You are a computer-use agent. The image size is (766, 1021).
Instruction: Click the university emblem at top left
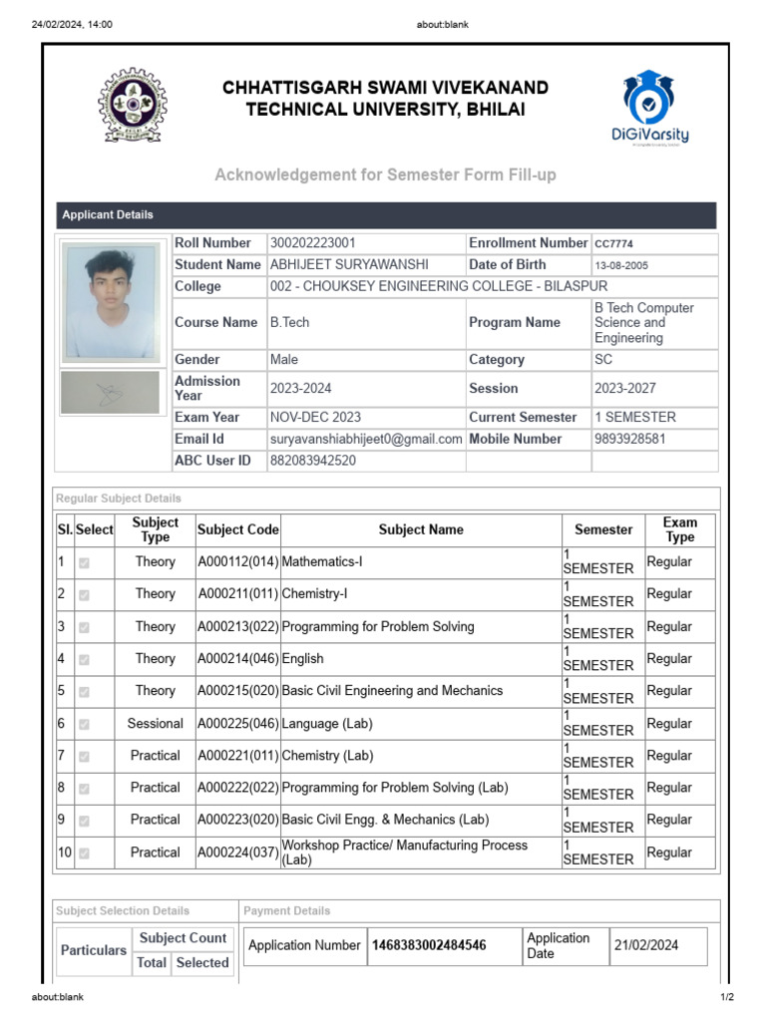click(x=133, y=104)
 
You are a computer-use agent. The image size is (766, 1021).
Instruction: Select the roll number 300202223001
click(x=312, y=243)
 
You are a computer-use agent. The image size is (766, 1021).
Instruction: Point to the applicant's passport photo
click(x=110, y=301)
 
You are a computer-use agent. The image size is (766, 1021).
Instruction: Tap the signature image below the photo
click(x=110, y=392)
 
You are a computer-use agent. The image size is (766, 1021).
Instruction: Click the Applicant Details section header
click(x=108, y=215)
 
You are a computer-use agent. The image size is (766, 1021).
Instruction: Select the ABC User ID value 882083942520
click(x=312, y=461)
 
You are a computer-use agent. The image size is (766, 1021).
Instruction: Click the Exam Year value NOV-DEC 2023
click(x=315, y=417)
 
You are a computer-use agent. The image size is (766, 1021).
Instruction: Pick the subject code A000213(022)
click(x=238, y=627)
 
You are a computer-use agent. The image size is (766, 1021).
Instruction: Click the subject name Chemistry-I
click(x=315, y=594)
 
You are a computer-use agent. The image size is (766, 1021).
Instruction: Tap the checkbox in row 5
click(x=84, y=691)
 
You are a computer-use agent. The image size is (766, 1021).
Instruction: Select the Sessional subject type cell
click(x=156, y=724)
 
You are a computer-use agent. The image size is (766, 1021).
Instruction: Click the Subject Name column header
click(x=421, y=530)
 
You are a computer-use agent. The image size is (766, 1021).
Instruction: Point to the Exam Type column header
click(x=679, y=529)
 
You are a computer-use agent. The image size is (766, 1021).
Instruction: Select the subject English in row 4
click(x=303, y=659)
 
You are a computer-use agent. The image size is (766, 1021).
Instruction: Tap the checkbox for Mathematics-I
click(x=84, y=562)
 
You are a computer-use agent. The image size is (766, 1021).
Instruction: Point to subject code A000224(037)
click(x=238, y=852)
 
